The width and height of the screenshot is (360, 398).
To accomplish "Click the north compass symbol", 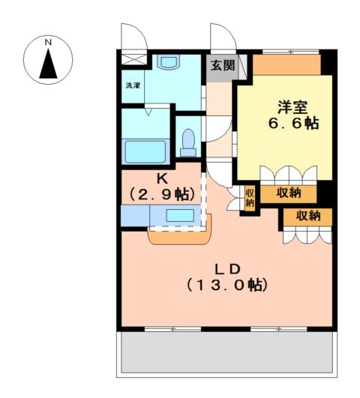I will (48, 61).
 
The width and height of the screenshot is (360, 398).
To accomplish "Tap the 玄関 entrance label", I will (222, 65).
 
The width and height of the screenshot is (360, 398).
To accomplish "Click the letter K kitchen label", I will (162, 179).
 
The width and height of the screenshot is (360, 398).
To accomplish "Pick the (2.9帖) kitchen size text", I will (163, 194).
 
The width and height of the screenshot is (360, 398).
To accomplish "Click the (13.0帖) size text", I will (227, 286).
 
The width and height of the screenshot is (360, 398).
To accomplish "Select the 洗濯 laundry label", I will (133, 85).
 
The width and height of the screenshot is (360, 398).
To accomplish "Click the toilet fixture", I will (189, 141).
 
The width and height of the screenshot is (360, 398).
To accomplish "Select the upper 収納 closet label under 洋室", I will (289, 193).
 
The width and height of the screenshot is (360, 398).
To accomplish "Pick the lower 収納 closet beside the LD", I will (307, 216).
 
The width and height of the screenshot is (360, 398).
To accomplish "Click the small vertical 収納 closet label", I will (250, 197).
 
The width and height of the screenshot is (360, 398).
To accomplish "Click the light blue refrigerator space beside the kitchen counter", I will (134, 216).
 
